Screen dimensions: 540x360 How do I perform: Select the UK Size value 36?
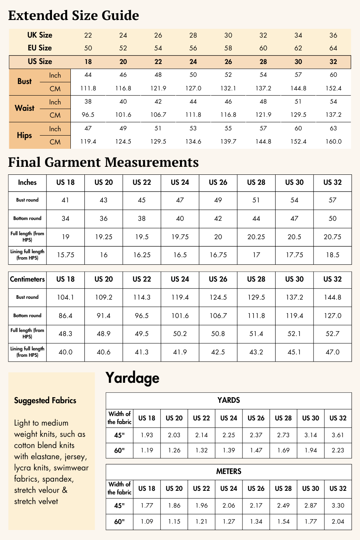333,35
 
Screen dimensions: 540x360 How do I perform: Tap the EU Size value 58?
228,48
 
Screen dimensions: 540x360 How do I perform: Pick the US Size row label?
40,62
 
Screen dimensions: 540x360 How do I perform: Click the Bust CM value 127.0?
193,88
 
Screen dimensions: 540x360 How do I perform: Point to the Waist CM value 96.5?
88,115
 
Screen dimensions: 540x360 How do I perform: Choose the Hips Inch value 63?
333,128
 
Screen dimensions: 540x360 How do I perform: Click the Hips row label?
24,135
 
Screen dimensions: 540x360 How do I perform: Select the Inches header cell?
27,182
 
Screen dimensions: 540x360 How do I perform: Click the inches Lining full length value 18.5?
332,255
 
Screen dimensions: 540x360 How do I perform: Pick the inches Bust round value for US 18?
65,200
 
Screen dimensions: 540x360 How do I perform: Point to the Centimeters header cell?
27,279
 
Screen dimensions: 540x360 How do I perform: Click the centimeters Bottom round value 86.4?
65,316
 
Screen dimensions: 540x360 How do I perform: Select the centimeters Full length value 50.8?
218,334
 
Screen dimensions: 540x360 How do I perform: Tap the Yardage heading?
132,378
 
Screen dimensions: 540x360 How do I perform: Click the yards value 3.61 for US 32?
338,435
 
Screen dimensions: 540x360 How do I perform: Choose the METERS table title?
228,471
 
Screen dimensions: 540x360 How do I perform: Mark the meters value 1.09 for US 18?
147,522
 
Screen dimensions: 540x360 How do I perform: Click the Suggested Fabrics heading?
45,400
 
